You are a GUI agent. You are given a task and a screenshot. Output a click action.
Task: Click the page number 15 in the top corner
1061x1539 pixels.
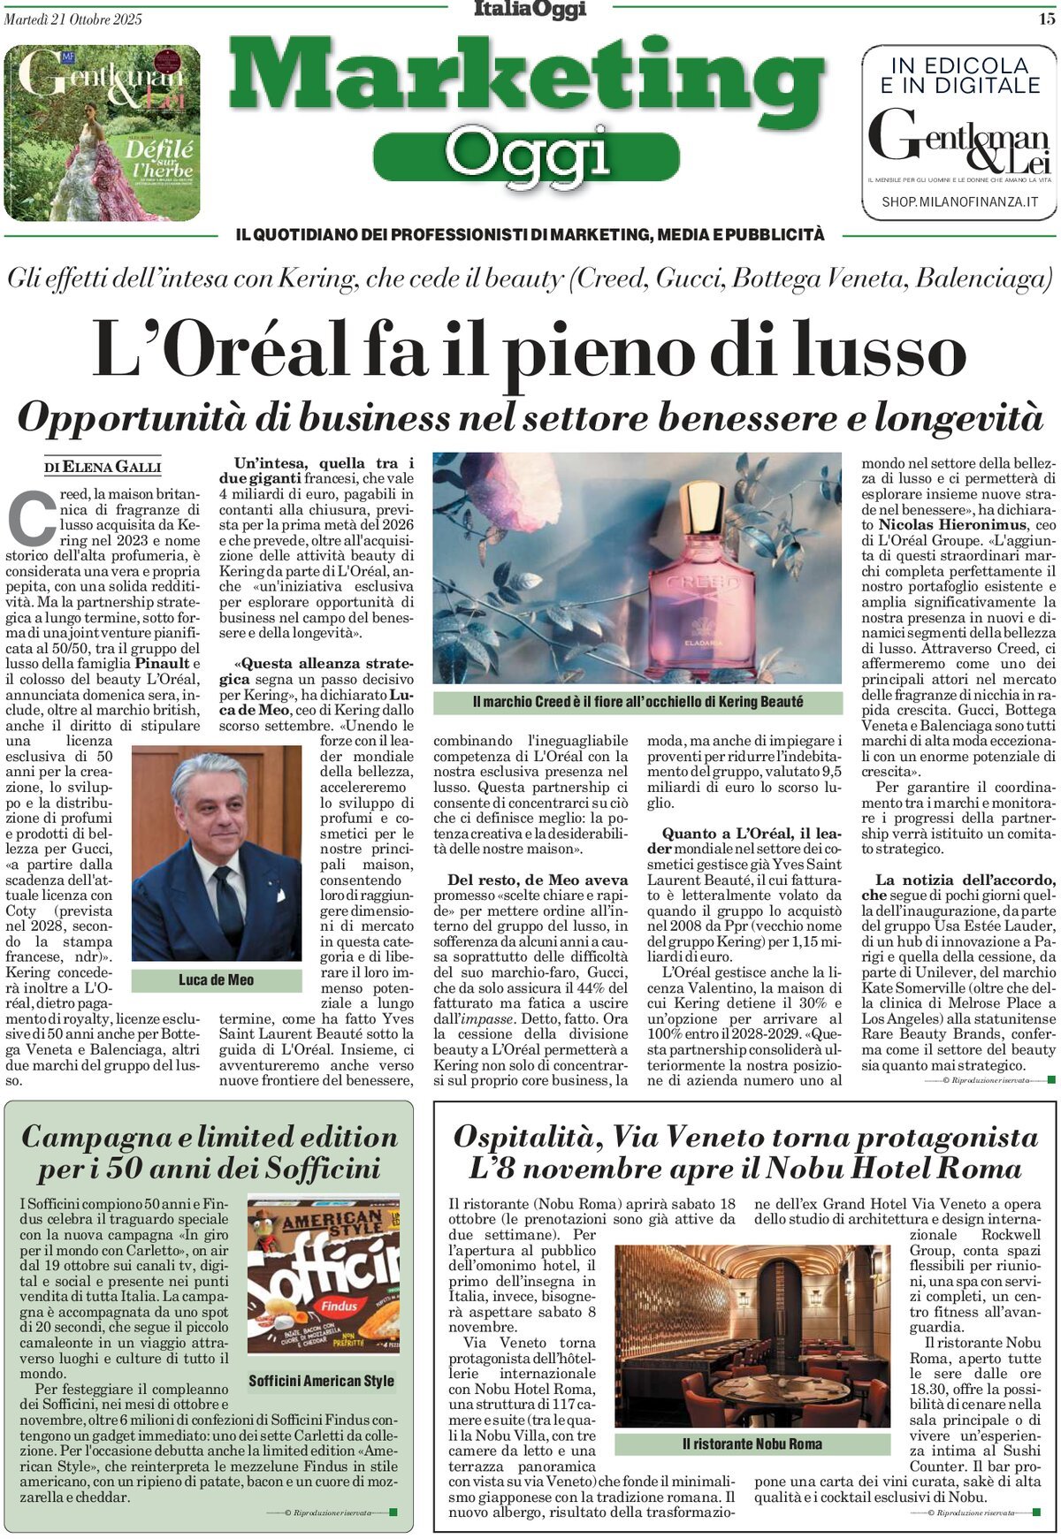coord(1046,19)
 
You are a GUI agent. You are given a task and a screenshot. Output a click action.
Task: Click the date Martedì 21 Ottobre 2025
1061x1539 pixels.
coord(73,19)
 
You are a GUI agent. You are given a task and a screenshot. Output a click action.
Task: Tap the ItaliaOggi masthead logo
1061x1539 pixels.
coord(530,10)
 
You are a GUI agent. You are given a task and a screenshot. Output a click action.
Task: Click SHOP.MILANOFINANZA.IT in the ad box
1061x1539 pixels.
coord(959,202)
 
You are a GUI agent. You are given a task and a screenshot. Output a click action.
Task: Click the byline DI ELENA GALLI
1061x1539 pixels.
coord(103,467)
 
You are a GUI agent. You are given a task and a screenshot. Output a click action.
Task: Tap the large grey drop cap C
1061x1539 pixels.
coord(31,519)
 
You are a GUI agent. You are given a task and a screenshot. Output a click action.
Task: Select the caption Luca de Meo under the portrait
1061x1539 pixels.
coord(216,979)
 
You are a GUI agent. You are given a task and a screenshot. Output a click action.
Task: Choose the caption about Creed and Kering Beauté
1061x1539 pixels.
coord(637,702)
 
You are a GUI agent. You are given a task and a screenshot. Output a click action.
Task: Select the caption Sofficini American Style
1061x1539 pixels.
coord(322,1381)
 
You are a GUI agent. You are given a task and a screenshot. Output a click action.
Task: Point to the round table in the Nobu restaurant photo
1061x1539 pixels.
coord(755,1389)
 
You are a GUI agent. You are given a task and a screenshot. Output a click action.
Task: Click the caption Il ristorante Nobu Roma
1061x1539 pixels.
coord(752,1444)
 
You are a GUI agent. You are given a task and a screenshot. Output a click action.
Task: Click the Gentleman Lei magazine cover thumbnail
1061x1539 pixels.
coord(102,133)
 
